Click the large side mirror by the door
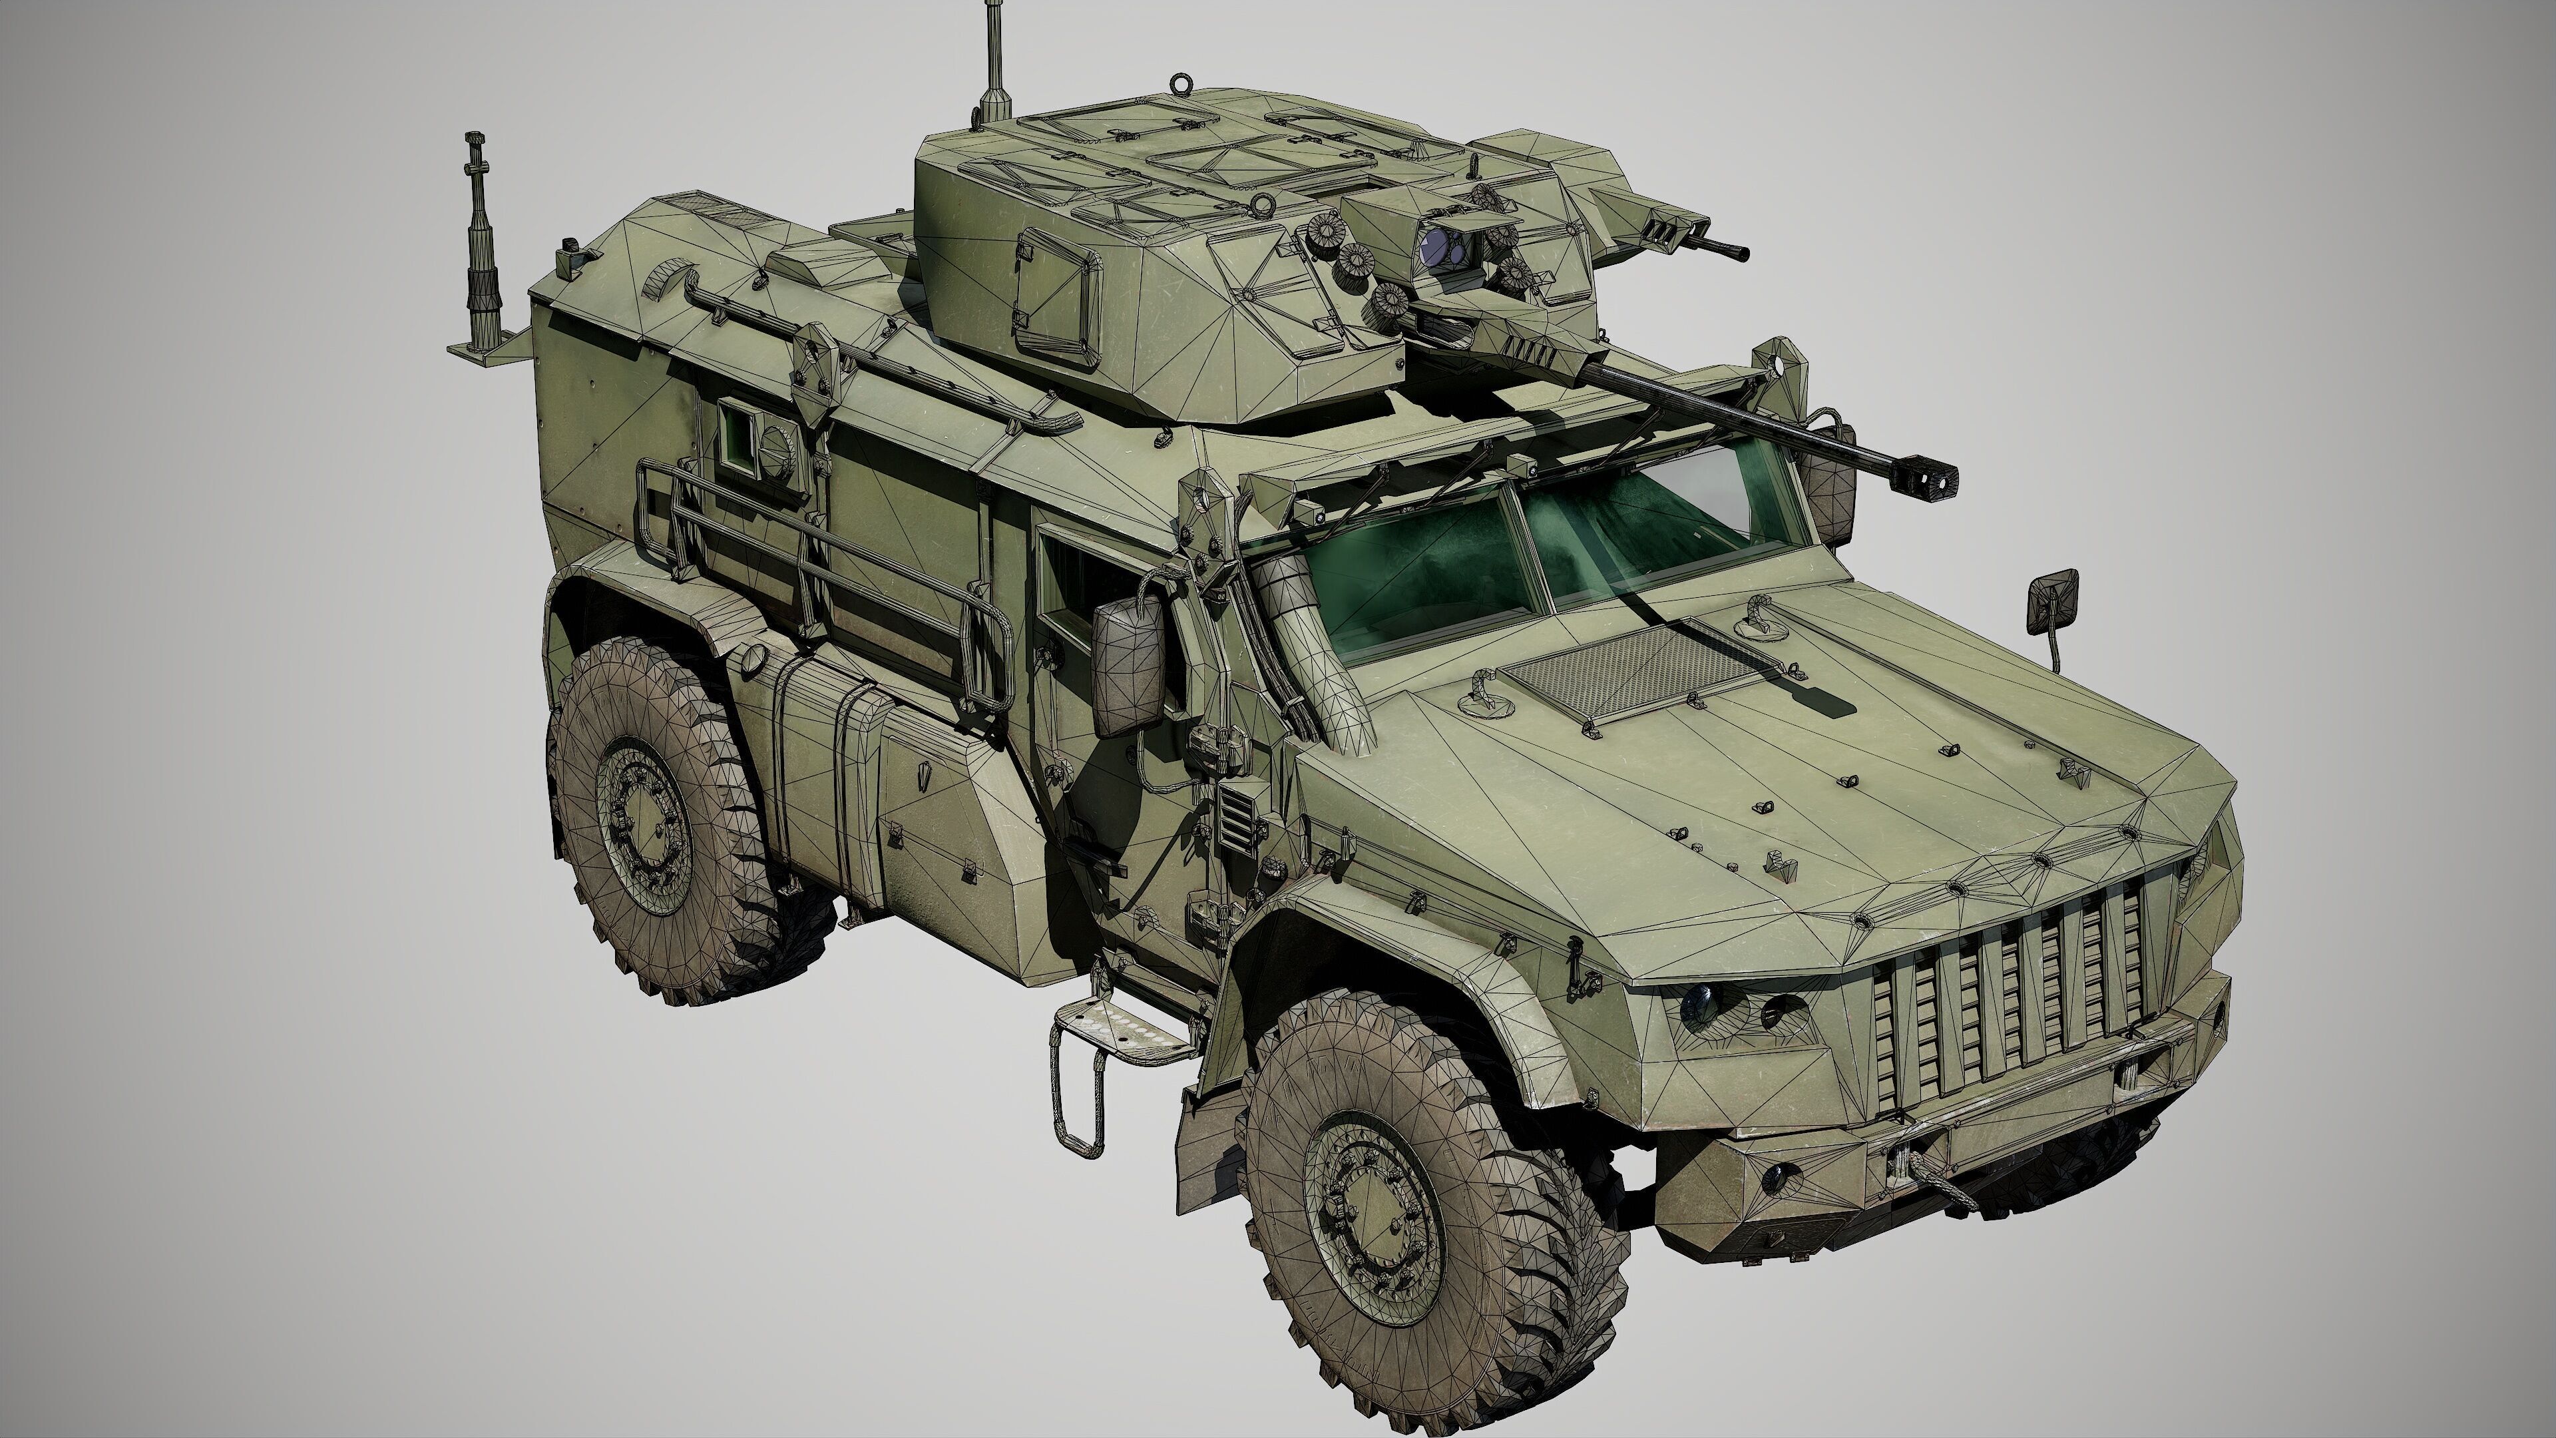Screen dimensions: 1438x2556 click(x=1129, y=667)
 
